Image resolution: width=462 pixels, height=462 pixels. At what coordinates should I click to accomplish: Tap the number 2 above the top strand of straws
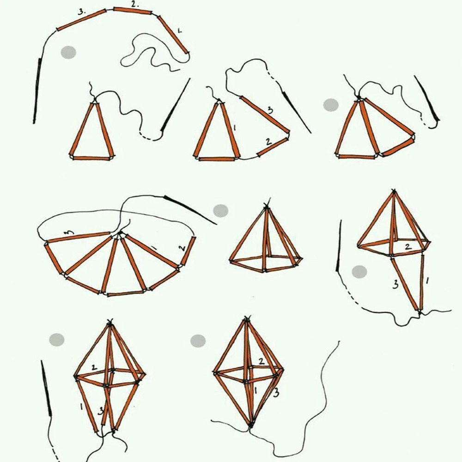[x=134, y=4]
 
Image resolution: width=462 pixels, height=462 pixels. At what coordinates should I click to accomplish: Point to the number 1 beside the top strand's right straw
[x=179, y=30]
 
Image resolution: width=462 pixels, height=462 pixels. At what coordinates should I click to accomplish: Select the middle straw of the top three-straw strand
[x=133, y=11]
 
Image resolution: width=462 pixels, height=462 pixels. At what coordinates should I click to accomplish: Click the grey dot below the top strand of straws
[x=68, y=53]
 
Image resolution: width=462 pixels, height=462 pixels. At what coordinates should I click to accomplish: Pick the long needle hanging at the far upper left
[x=37, y=91]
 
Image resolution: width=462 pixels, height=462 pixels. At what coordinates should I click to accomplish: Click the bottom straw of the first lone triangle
[x=91, y=158]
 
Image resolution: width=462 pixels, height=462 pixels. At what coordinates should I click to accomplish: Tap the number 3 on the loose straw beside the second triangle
[x=270, y=110]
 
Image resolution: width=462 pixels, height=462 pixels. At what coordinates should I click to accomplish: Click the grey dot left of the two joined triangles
[x=331, y=105]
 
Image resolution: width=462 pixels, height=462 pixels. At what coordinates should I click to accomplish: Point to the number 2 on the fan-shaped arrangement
[x=182, y=248]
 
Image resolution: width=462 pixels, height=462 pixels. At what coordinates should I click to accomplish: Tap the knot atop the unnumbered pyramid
[x=267, y=206]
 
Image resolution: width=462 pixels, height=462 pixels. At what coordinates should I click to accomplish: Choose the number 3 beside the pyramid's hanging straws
[x=395, y=284]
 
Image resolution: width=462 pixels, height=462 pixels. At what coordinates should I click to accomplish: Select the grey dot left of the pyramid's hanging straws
[x=359, y=271]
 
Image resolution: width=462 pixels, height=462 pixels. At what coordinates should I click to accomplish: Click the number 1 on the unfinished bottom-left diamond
[x=81, y=407]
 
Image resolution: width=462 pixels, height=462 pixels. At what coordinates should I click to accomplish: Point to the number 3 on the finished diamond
[x=276, y=393]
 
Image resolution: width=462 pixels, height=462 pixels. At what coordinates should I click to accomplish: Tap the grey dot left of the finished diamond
[x=198, y=341]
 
